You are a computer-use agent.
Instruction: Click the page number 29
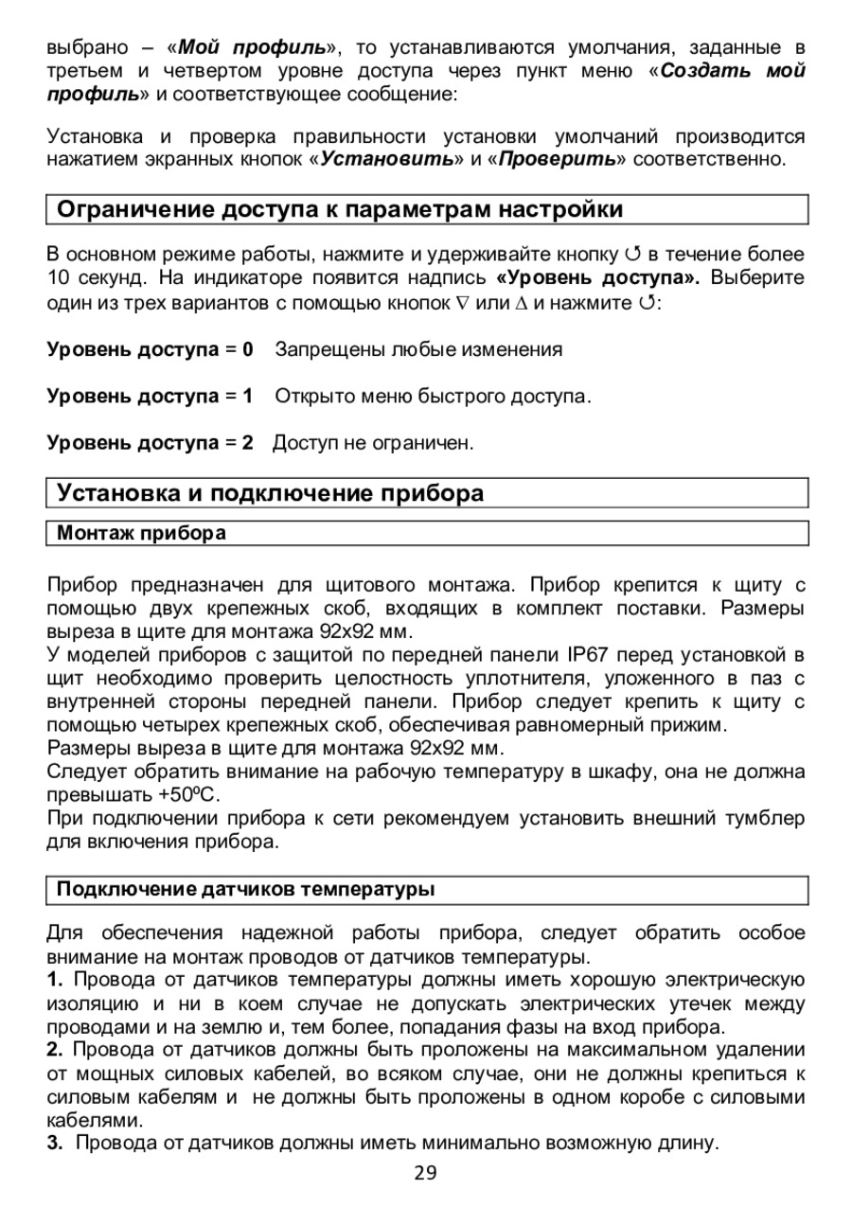426,1174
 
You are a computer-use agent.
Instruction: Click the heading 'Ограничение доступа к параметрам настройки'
340,209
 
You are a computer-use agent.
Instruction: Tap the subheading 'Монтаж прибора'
142,533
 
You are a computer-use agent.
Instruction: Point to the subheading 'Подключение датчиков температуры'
245,890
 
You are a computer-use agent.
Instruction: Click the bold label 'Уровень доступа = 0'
151,350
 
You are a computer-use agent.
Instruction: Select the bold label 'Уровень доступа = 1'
151,397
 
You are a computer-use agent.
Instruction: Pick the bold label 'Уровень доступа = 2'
151,442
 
